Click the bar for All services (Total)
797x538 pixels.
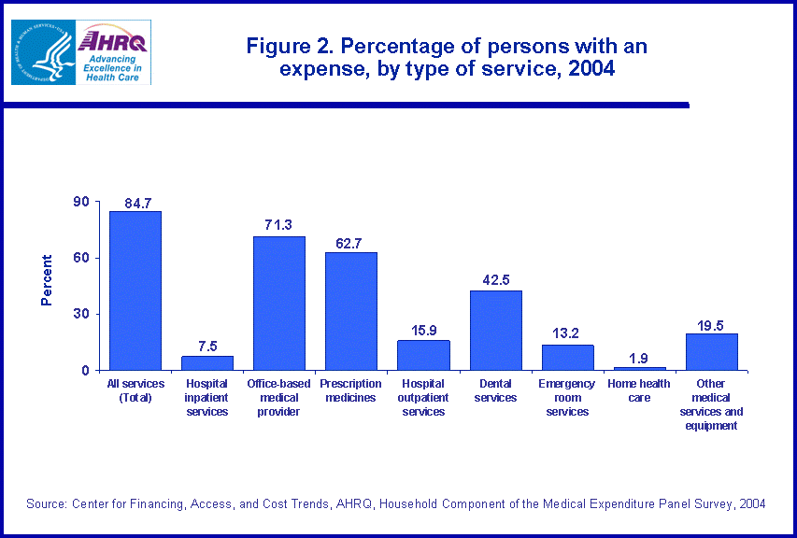click(135, 290)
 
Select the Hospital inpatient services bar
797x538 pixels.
click(207, 362)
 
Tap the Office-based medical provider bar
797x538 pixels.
click(279, 303)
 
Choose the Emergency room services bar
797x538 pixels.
click(567, 358)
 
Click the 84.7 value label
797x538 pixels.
click(136, 204)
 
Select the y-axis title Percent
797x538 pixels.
click(47, 280)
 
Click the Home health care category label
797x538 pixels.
click(640, 390)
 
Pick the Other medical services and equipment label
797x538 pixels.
click(712, 404)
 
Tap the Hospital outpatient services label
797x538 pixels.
click(423, 397)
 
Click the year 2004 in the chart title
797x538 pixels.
click(591, 69)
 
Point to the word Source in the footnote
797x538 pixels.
click(46, 503)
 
